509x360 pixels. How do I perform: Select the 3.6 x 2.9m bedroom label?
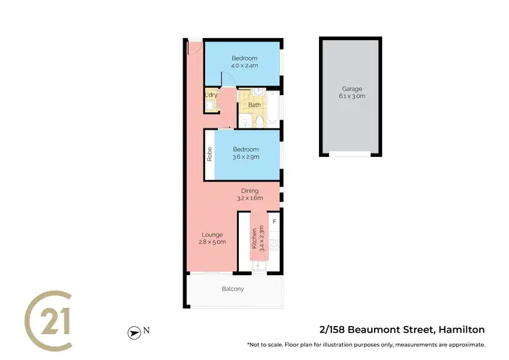246,153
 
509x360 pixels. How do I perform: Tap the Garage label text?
352,92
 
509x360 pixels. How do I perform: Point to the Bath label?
254,105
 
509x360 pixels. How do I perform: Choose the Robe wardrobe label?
210,154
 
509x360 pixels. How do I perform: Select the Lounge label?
212,238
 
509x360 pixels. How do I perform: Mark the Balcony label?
233,289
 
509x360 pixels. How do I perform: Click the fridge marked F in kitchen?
275,221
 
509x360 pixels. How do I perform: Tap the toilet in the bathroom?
260,121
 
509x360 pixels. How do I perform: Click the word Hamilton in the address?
461,330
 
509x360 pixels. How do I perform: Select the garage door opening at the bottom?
350,154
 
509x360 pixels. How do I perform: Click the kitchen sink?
259,266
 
